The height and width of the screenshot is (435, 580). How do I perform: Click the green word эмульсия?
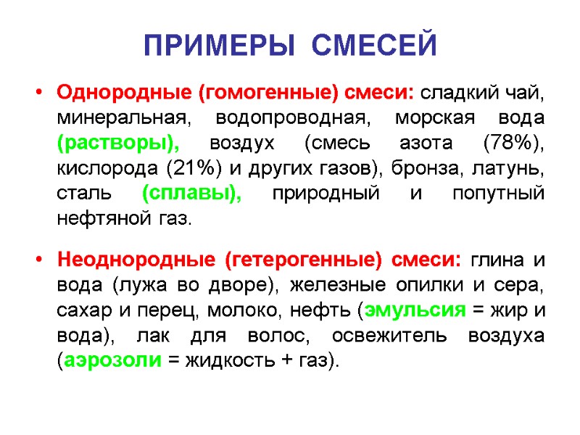click(415, 310)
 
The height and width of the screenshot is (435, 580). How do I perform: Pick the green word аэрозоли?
click(110, 360)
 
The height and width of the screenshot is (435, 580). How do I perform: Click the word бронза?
click(415, 169)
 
